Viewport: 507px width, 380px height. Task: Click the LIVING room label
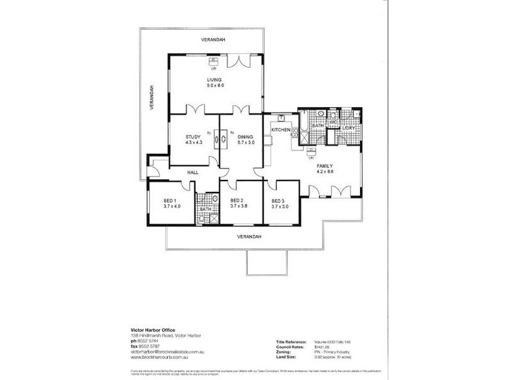[214, 79]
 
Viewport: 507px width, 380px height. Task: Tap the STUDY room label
[193, 137]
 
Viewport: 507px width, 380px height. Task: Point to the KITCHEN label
[281, 130]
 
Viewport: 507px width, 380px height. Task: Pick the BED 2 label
[238, 199]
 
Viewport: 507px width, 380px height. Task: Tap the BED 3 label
[279, 199]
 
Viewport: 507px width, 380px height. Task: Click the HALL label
[194, 171]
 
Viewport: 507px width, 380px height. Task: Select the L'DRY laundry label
[349, 129]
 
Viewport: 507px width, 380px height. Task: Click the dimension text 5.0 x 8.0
[215, 85]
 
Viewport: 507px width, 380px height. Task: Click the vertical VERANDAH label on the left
[152, 98]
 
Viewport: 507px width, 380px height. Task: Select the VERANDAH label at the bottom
[248, 237]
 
